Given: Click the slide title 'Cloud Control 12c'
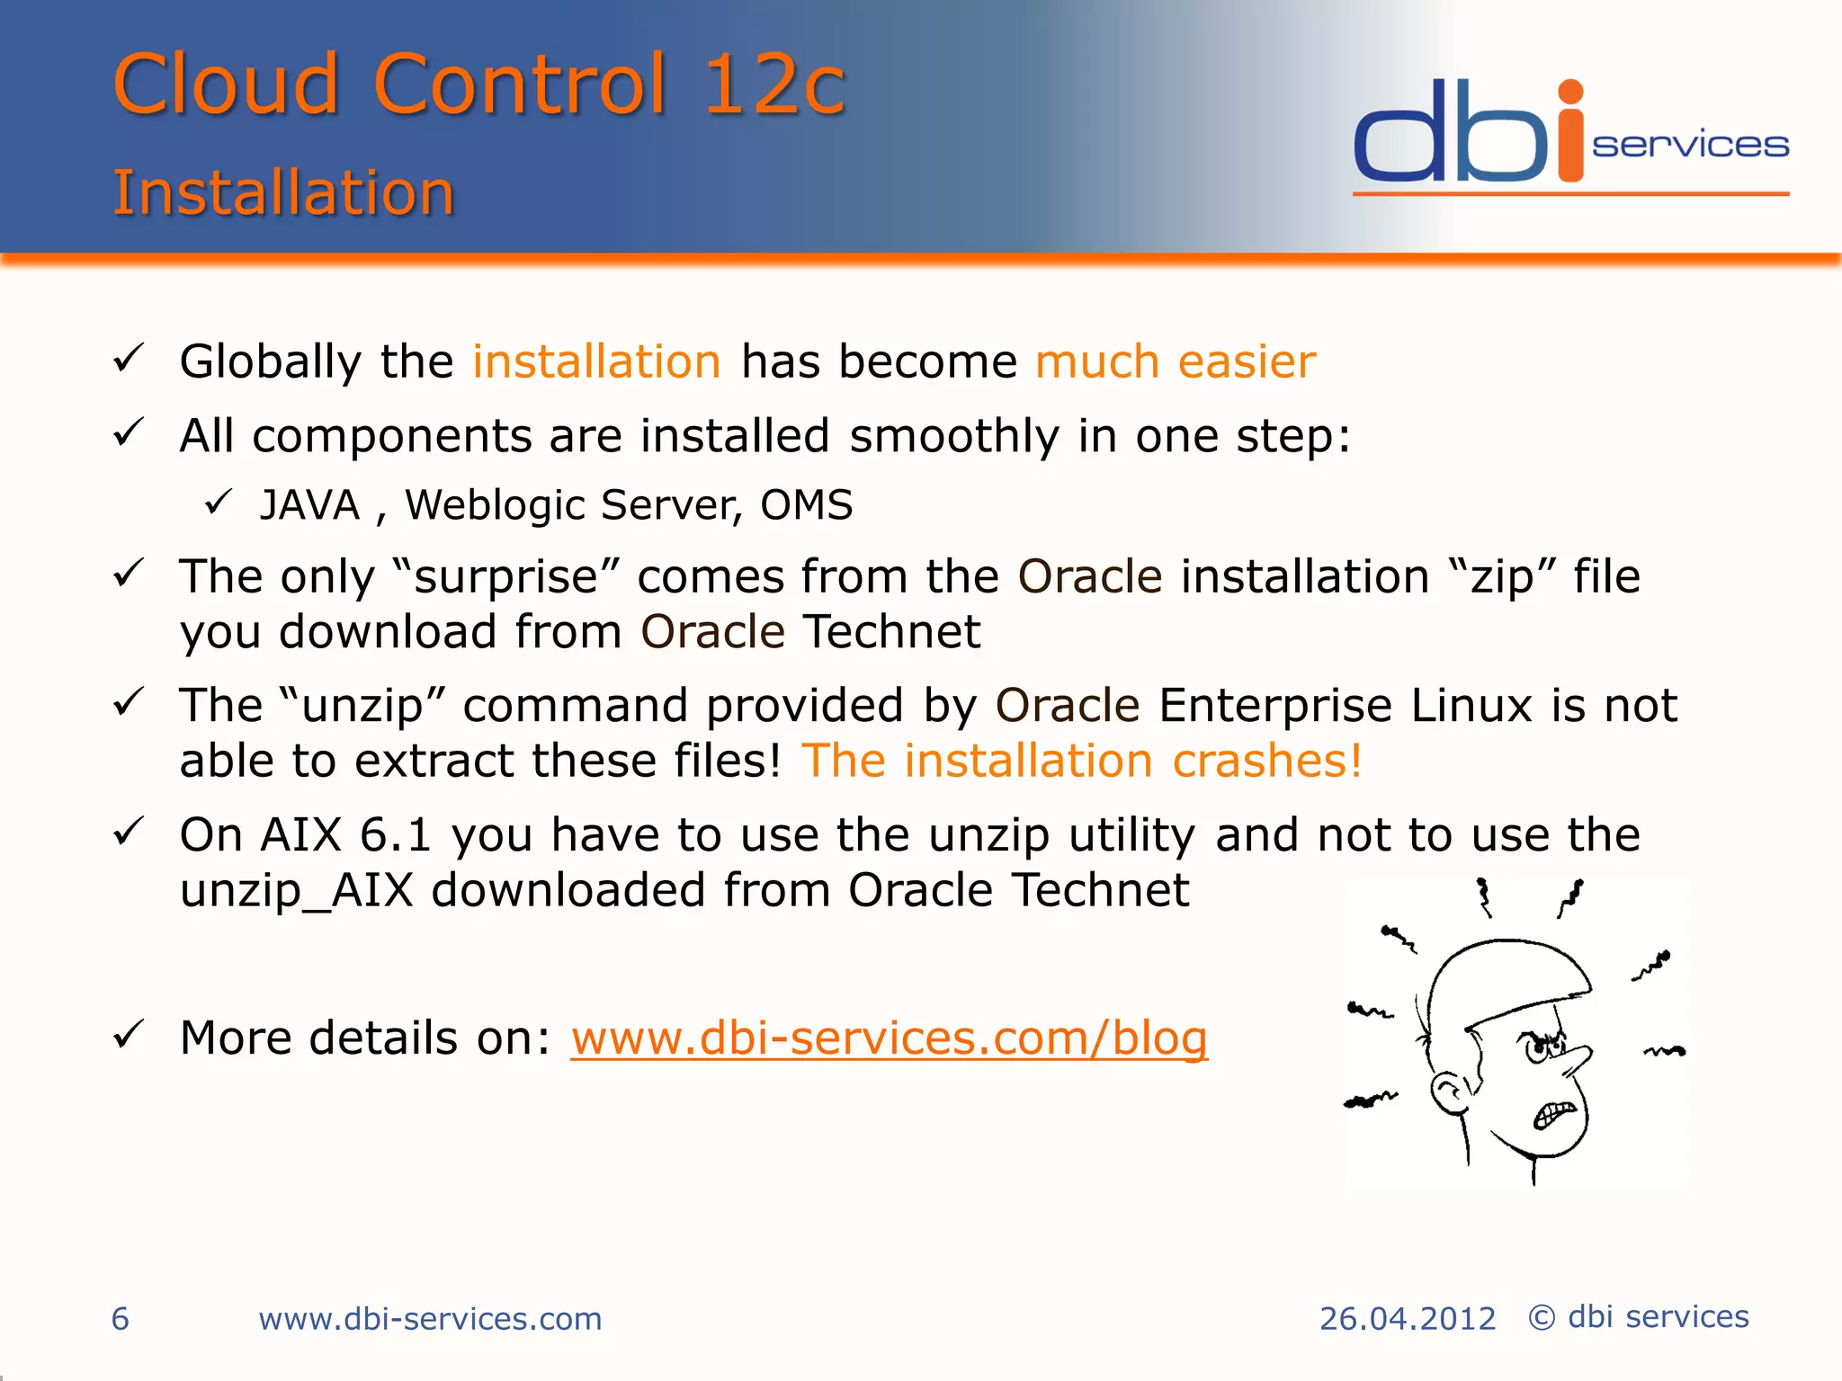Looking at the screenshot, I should pos(478,85).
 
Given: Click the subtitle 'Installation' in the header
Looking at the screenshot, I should pos(283,192).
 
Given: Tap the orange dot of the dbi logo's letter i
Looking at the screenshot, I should pos(1570,93).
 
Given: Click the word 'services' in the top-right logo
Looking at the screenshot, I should pos(1690,145).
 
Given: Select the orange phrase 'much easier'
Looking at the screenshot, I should pos(1175,361).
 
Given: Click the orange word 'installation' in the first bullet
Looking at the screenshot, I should pos(596,361).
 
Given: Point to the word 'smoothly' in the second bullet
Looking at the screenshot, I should pos(954,437).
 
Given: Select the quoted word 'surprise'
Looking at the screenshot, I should pos(506,577).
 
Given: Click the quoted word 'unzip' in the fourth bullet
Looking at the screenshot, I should pos(362,707).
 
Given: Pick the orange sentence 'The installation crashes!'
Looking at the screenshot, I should pos(1081,762).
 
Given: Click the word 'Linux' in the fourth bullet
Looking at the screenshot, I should pos(1471,706).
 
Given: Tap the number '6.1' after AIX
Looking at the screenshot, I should pos(396,835).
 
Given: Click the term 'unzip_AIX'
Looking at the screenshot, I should pos(297,891).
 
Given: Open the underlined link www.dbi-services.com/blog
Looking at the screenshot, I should pos(889,1038).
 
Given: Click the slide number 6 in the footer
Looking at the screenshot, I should pos(121,1319).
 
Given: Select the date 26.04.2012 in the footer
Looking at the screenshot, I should pos(1407,1319).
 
